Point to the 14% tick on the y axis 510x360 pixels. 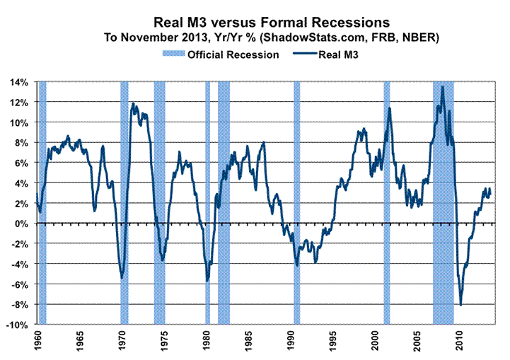[x=18, y=82]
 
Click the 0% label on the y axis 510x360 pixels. [x=21, y=223]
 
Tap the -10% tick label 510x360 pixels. [x=17, y=325]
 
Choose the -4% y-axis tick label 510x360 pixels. [x=19, y=264]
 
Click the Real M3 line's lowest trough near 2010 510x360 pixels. [x=461, y=306]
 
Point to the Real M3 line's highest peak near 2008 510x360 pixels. [x=443, y=86]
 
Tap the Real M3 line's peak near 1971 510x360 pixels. [x=133, y=104]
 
